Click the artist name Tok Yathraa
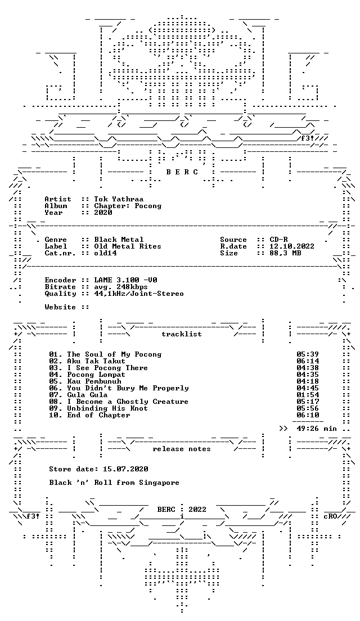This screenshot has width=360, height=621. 119,199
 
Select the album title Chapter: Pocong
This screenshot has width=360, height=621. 128,206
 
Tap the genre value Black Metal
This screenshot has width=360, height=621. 119,240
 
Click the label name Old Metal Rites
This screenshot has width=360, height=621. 128,246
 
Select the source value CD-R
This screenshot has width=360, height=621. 279,240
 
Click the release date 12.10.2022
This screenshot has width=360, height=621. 292,246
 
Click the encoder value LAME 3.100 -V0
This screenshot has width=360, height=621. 125,280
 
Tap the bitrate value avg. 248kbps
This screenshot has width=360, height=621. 121,287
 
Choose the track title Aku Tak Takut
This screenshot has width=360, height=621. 96,361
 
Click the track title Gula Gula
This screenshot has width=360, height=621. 87,395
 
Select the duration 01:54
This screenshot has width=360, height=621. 308,395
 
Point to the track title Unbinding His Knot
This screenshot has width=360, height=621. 107,408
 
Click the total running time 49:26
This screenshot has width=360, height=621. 308,429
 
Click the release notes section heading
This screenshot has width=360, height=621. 182,449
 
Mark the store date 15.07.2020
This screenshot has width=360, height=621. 125,469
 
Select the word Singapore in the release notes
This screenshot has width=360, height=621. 159,483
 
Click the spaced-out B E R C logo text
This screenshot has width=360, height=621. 182,172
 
